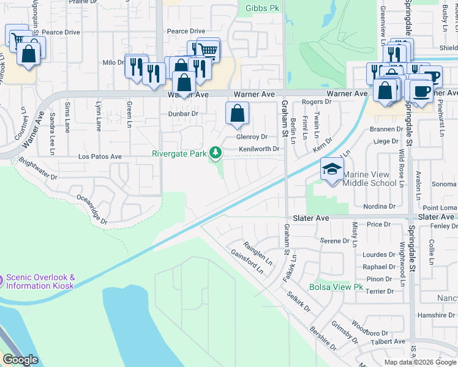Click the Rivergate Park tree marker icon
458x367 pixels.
(215, 152)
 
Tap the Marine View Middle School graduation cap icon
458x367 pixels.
(332, 169)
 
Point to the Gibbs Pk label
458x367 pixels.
(262, 8)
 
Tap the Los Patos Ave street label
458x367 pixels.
(100, 157)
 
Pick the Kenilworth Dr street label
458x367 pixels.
(259, 149)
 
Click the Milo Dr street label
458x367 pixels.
(113, 62)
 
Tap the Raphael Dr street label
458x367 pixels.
(380, 267)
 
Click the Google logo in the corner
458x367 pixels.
(20, 360)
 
